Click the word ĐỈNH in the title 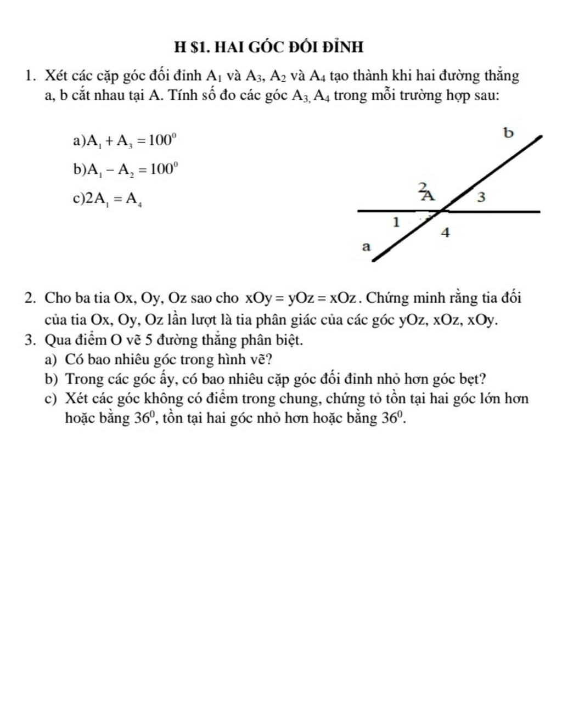pyautogui.click(x=339, y=47)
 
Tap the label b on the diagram pyautogui.click(x=509, y=133)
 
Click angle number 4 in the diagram pyautogui.click(x=446, y=233)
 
